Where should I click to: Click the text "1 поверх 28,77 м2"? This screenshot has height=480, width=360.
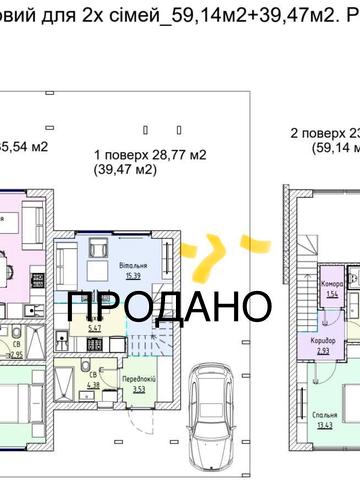(149, 155)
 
